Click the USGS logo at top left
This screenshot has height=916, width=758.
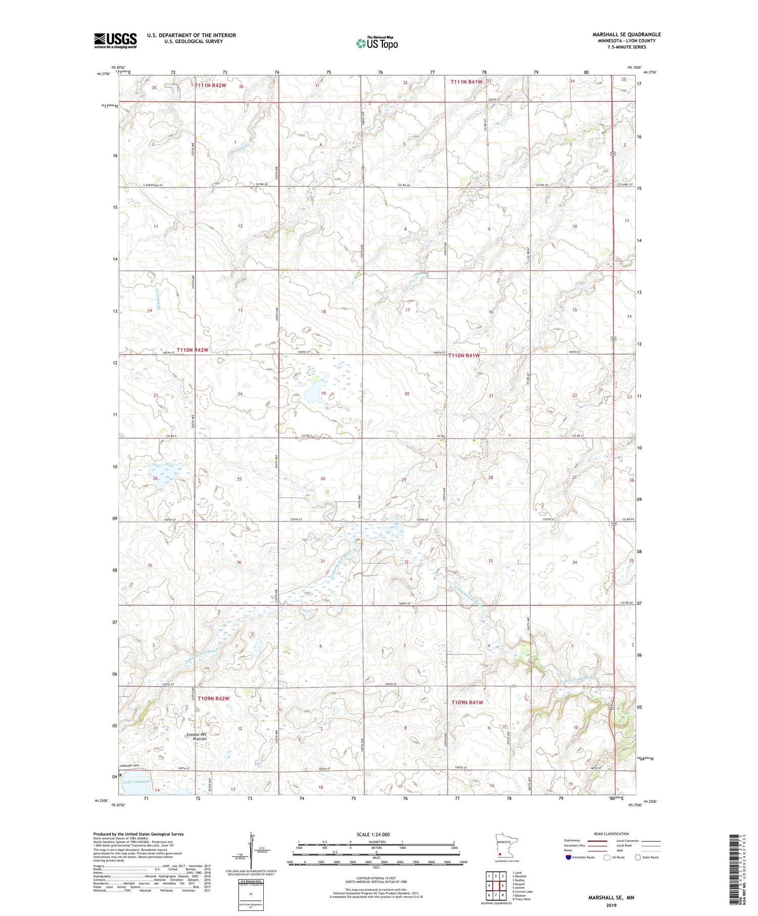115,40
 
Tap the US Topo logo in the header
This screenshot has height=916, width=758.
376,43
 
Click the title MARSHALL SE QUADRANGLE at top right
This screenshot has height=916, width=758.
627,34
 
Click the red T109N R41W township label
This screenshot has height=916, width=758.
467,703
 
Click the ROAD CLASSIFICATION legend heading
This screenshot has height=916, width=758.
611,834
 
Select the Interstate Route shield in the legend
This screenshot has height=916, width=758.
568,857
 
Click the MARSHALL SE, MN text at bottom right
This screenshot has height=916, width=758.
611,897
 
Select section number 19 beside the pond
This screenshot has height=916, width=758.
323,394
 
